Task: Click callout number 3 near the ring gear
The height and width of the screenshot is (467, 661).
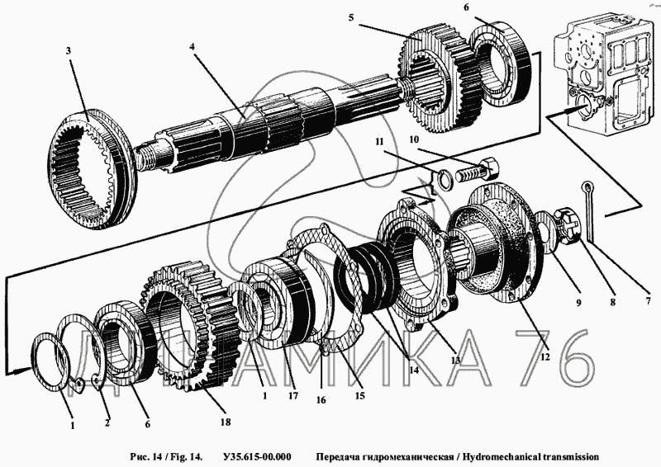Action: pyautogui.click(x=69, y=51)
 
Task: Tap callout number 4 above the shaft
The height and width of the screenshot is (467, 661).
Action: pyautogui.click(x=192, y=47)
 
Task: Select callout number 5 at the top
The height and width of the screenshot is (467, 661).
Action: pyautogui.click(x=351, y=17)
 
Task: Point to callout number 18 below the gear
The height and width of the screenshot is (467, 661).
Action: pyautogui.click(x=226, y=422)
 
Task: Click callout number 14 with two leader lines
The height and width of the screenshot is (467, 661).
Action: pyautogui.click(x=414, y=370)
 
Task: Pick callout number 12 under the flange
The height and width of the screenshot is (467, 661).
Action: pyautogui.click(x=545, y=357)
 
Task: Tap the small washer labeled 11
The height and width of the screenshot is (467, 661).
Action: pyautogui.click(x=442, y=180)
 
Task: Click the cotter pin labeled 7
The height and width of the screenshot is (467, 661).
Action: pyautogui.click(x=589, y=213)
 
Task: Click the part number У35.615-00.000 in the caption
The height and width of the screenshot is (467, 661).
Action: pyautogui.click(x=257, y=457)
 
